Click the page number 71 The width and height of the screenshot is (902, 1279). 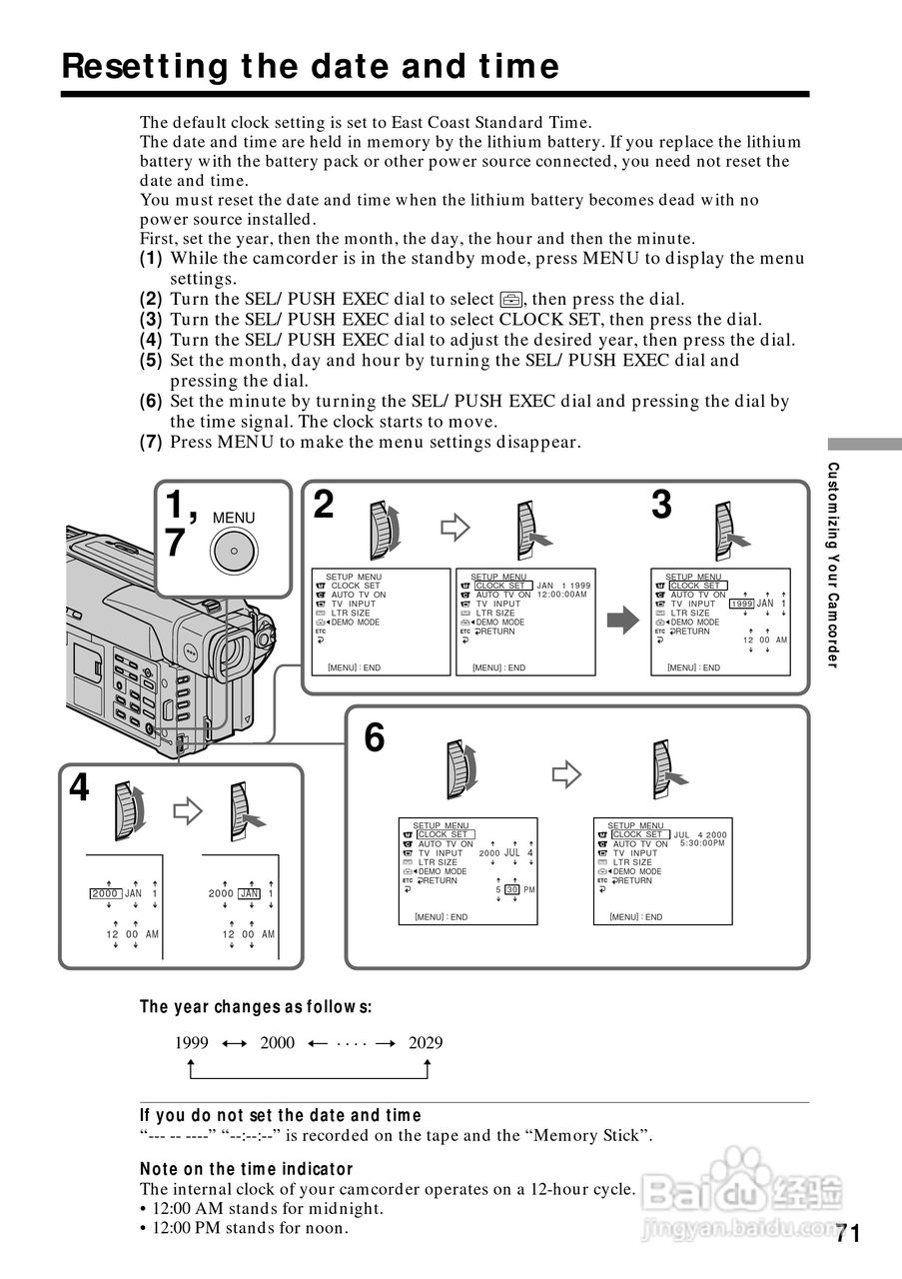(x=847, y=1233)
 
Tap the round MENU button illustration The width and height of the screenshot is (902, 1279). (x=233, y=550)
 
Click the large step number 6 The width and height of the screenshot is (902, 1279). (x=374, y=738)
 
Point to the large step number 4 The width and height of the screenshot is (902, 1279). (x=79, y=788)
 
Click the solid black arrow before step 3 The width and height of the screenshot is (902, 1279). (x=622, y=622)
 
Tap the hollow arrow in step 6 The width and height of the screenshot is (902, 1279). (x=566, y=772)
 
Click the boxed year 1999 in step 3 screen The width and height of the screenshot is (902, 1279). (x=741, y=605)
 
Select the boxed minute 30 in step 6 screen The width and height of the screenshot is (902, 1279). (x=512, y=889)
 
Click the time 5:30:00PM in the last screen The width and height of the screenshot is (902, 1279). (x=702, y=843)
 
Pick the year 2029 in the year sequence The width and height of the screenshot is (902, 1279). (x=426, y=1043)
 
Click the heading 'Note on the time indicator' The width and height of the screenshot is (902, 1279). (x=247, y=1168)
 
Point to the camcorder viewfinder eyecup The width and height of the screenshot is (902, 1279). (x=233, y=654)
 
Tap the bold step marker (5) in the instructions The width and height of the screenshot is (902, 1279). (x=151, y=361)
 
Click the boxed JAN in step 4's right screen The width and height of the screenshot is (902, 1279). (x=249, y=893)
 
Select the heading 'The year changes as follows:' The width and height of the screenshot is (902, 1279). (x=255, y=1006)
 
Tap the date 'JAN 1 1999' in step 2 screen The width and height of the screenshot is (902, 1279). (x=563, y=586)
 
